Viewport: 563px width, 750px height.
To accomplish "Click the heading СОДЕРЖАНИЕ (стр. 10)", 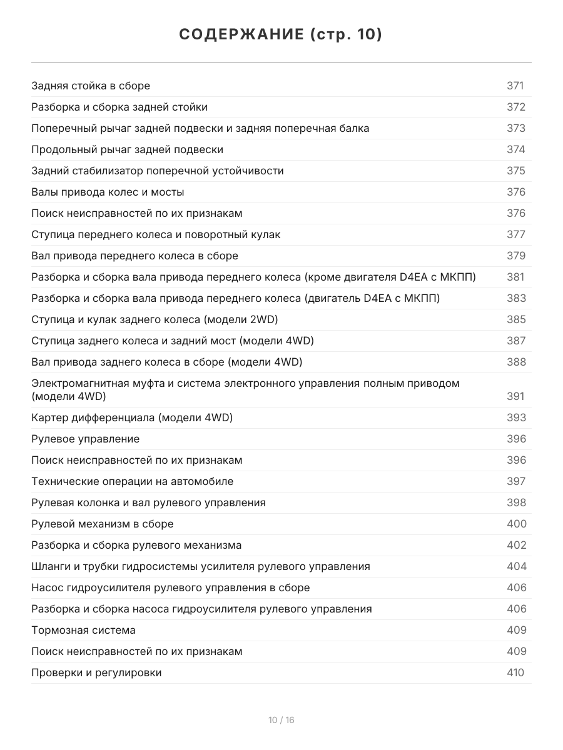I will coord(281,35).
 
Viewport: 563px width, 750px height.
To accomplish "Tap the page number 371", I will coord(515,86).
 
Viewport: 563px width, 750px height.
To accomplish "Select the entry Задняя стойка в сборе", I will coord(91,86).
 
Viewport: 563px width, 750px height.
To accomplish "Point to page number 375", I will coord(515,171).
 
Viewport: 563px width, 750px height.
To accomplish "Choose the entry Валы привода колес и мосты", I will coord(108,192).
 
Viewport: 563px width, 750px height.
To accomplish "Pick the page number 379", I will coord(515,256).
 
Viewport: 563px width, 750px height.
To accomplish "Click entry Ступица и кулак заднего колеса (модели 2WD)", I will coord(155,319).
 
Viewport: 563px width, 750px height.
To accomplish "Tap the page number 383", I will coord(516,298).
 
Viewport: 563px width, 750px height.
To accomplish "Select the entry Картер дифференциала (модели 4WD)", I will coord(132,417).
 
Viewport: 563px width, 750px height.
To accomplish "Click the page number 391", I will coord(515,396).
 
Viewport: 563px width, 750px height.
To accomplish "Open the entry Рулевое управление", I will coord(85,439).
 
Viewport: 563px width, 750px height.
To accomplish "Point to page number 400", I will coord(516,524).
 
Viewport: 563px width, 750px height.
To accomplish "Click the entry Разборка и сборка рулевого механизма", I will coord(136,545).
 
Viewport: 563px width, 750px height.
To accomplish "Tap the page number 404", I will coord(516,566).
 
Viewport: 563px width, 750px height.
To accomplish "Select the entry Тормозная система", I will coord(83,630).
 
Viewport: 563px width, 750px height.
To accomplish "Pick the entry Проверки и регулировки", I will coord(96,672).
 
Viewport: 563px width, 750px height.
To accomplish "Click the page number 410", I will coord(515,672).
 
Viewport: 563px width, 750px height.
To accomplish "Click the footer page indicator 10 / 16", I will coord(281,720).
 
